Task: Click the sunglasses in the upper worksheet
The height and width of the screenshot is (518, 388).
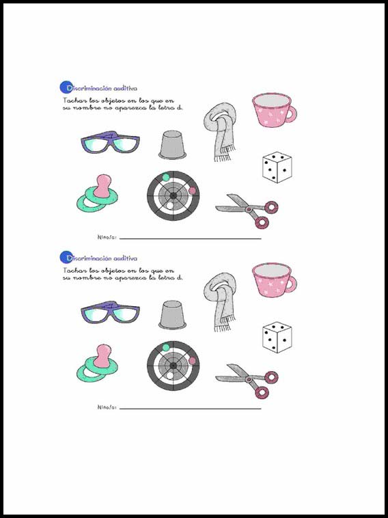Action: [110, 142]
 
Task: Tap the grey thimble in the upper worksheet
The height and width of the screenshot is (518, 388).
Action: [172, 145]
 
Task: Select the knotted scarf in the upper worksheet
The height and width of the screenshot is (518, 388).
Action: [220, 131]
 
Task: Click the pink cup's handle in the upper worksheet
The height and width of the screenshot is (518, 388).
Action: [291, 114]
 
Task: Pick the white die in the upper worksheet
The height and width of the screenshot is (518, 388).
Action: [277, 167]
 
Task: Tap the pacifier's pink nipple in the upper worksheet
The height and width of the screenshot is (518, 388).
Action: [102, 186]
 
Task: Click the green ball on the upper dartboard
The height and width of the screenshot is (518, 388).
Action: [166, 178]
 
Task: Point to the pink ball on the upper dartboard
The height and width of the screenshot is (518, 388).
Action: [192, 191]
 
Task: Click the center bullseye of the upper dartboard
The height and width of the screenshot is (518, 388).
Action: [173, 196]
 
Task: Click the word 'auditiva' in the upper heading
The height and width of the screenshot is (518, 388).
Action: [125, 88]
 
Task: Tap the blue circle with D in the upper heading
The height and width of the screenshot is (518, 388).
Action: [66, 87]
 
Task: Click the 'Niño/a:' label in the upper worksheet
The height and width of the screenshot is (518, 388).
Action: [107, 237]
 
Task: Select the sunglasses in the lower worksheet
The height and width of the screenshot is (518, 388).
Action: [110, 312]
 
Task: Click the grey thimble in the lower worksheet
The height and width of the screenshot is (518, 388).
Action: [172, 315]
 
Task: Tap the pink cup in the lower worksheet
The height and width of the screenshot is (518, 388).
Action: [275, 280]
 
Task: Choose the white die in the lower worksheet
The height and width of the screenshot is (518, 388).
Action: [277, 338]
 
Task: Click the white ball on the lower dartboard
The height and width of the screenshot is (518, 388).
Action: [170, 376]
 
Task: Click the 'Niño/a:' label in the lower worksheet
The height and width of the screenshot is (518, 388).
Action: [107, 407]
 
